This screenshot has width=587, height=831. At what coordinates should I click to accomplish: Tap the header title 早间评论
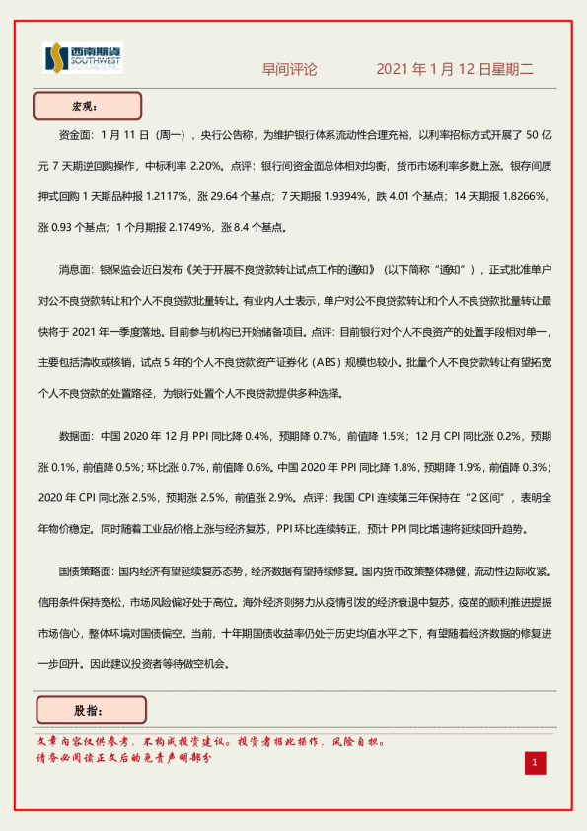click(x=289, y=70)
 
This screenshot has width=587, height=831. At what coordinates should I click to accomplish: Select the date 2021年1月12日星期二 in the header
click(x=455, y=70)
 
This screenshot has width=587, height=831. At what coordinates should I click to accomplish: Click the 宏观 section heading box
click(x=88, y=105)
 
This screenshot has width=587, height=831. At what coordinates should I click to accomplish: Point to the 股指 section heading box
click(x=90, y=710)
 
